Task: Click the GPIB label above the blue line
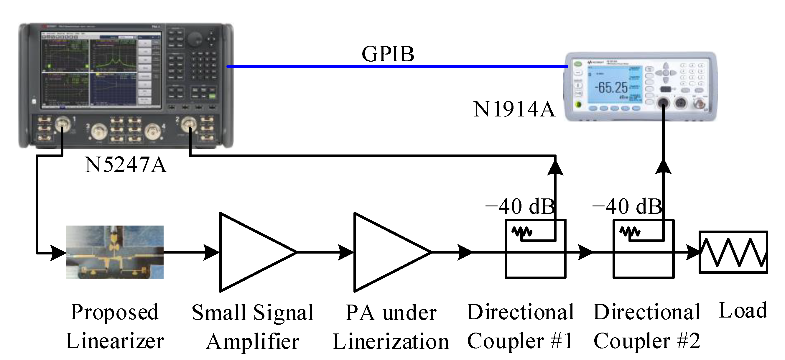click(388, 54)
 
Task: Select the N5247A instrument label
click(126, 165)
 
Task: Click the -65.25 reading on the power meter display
click(611, 88)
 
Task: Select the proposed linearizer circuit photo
click(115, 252)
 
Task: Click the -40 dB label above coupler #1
click(520, 206)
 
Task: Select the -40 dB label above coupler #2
click(627, 206)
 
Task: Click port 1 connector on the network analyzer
click(62, 124)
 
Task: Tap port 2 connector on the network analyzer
click(189, 124)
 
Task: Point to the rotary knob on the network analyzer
click(194, 39)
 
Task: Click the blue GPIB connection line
click(396, 66)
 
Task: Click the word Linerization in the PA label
click(391, 341)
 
